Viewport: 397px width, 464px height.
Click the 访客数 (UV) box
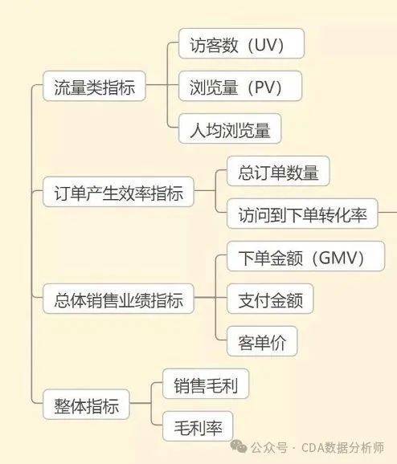pos(241,43)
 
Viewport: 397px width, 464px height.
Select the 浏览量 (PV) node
pos(240,86)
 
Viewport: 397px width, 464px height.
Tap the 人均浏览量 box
pos(230,128)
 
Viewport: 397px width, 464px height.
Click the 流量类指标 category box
pos(94,86)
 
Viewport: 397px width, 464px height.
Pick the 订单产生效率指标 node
pos(118,192)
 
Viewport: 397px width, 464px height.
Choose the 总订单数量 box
pos(278,171)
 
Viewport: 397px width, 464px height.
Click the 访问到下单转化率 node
pos(302,214)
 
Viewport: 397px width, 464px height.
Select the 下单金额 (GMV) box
pos(305,256)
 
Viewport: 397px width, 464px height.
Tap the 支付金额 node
pos(270,299)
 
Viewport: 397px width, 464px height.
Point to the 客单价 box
pos(262,341)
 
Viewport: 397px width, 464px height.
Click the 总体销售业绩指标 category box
pos(118,299)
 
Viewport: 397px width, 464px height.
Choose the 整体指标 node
pos(86,405)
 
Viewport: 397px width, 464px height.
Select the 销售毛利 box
pos(206,384)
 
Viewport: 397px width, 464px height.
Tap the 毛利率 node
pos(198,426)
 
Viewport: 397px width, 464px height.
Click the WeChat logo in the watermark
pos(238,446)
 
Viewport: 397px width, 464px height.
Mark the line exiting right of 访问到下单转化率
pos(387,212)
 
